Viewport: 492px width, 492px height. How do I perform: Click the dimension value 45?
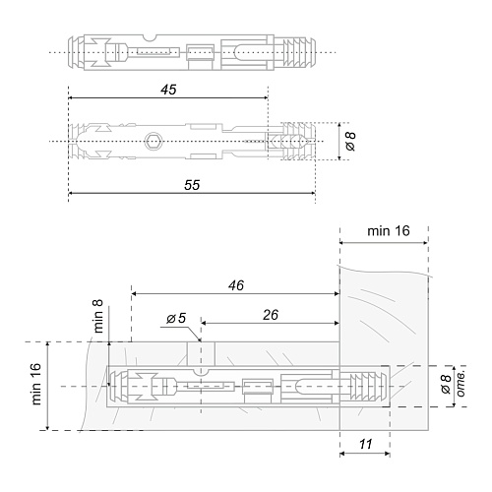coord(168,90)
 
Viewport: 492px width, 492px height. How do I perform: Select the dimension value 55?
coord(192,185)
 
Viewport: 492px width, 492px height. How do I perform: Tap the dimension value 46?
coord(236,285)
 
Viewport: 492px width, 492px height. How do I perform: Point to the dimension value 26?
coord(271,315)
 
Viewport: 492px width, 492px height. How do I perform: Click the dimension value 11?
coord(366,445)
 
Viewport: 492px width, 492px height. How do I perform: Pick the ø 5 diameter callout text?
coord(176,318)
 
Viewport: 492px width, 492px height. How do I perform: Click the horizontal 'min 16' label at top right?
coord(389,231)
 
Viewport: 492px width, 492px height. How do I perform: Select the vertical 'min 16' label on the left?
coord(36,384)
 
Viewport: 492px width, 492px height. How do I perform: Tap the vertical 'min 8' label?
coord(98,316)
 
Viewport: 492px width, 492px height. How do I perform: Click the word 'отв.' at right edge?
coord(461,385)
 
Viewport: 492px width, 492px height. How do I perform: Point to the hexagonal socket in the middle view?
coord(152,141)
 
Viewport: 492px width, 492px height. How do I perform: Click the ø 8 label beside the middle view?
coord(350,142)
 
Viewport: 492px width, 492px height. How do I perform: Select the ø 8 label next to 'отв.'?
coord(446,385)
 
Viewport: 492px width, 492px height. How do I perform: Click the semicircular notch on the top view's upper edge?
coord(151,37)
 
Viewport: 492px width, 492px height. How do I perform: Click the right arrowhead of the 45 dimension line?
coord(266,97)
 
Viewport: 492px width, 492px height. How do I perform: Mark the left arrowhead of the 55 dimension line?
coord(71,193)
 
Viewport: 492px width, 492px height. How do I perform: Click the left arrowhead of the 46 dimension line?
coord(134,294)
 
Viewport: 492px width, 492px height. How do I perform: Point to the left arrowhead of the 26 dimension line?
coord(204,323)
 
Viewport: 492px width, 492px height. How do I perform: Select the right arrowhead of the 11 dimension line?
coord(387,454)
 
